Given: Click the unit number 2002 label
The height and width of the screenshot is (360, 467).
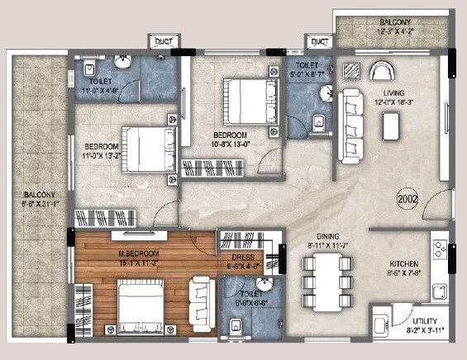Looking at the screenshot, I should [407, 197].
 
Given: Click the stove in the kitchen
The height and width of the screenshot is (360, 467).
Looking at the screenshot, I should [440, 250].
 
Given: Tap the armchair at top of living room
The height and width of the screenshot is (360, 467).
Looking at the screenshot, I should [383, 71].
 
